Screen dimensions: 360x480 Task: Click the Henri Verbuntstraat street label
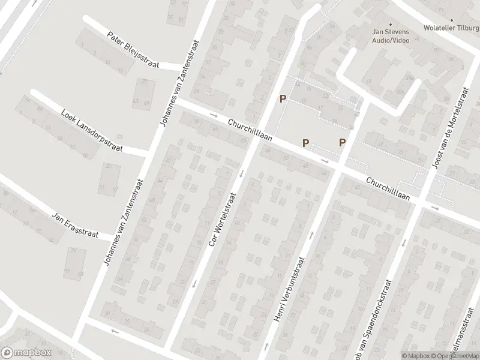tap(291, 289)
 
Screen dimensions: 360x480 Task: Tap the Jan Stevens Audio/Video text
tap(391, 36)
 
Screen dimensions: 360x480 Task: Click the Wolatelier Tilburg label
tap(451, 27)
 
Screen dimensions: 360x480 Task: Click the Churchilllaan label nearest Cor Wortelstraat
tap(250, 130)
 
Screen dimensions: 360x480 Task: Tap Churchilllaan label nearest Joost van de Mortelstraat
tap(388, 188)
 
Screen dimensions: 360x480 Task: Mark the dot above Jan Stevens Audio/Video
tap(391, 8)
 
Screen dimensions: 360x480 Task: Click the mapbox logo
tap(26, 353)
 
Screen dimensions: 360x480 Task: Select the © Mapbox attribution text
tap(416, 356)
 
